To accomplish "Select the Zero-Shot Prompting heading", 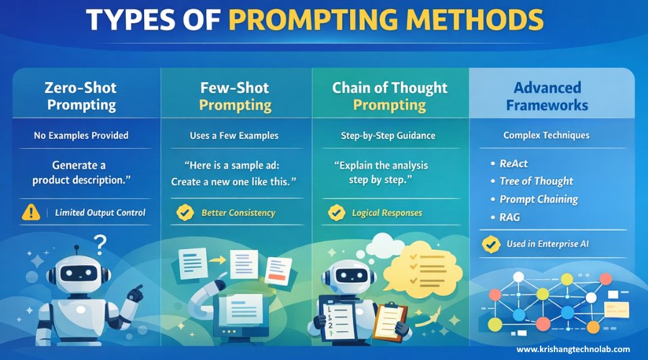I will pos(80,96).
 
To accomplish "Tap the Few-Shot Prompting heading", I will pos(235,96).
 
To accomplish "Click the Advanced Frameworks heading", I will pos(547,96).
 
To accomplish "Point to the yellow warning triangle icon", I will pos(32,212).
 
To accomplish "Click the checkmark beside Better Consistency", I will pos(186,212).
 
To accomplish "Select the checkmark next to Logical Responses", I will pos(336,212).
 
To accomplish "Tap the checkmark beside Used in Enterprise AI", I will pos(491,244).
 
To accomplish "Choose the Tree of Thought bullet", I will pos(536,181).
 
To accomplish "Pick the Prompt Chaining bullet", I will pos(539,199).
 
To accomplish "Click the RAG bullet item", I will pos(510,217).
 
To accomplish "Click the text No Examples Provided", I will pos(81,135).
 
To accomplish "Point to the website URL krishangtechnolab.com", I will pos(573,349).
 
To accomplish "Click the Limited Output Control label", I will pos(100,212).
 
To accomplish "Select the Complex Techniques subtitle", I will pos(547,135).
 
